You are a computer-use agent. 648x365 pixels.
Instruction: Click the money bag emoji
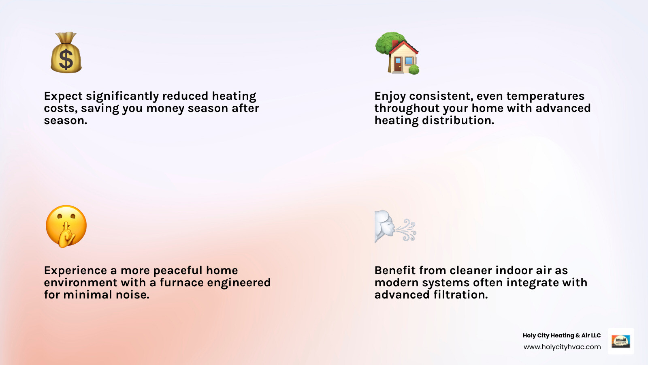[x=66, y=53]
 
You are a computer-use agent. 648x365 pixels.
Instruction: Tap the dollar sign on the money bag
[x=66, y=59]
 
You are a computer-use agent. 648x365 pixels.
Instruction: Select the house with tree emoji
[x=397, y=53]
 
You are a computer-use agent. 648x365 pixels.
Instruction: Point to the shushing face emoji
[x=66, y=226]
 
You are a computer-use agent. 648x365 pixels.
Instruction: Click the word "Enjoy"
[x=390, y=96]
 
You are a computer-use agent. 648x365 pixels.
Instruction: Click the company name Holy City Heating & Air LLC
[x=561, y=335]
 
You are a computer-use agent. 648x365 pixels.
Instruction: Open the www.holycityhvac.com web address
[x=562, y=347]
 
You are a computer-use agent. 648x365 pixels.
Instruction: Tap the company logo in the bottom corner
[x=621, y=341]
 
